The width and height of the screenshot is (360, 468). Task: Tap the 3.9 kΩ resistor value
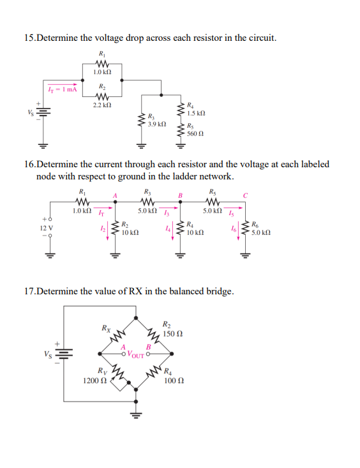pyautogui.click(x=157, y=123)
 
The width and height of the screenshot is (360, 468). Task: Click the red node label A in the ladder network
pyautogui.click(x=115, y=196)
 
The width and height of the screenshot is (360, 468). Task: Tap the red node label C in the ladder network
pyautogui.click(x=245, y=196)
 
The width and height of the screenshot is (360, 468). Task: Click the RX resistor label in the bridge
pyautogui.click(x=105, y=328)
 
